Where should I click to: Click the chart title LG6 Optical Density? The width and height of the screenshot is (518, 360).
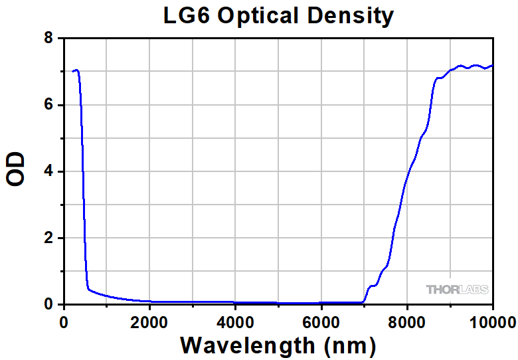279,15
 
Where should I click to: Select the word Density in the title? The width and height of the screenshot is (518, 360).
352,16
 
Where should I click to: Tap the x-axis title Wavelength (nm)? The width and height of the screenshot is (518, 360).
278,345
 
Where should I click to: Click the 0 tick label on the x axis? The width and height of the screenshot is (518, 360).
64,322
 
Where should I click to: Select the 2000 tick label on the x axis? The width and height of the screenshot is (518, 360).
149,322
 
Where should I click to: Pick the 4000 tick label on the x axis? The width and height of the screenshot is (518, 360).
235,322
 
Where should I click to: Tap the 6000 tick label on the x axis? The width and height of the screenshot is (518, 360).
321,322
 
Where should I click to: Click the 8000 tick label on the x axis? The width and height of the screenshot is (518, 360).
406,322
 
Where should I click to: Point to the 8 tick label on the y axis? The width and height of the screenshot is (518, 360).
48,39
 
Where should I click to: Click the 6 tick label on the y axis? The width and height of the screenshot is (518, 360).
48,106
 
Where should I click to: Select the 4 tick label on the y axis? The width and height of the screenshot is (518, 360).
48,172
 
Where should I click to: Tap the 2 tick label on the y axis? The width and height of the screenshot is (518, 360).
48,238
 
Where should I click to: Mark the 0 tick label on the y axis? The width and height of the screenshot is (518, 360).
48,305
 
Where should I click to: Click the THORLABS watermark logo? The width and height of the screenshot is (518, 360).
457,290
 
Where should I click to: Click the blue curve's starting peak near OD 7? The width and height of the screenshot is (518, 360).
76,70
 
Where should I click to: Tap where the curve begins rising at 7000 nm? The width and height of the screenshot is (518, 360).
364,302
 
